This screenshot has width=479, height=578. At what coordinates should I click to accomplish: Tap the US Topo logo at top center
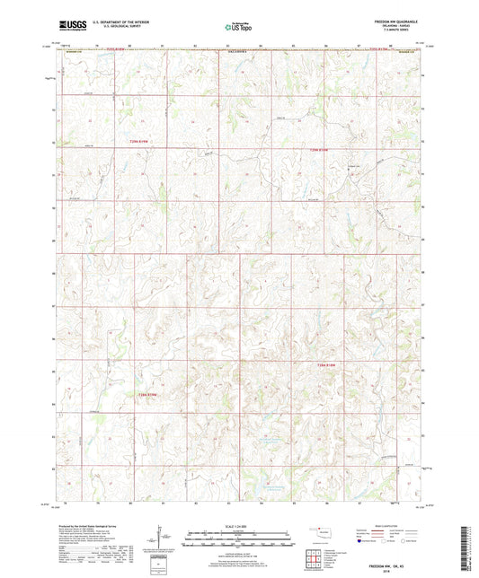point(238,28)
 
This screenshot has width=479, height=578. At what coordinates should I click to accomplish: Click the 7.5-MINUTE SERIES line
point(407,31)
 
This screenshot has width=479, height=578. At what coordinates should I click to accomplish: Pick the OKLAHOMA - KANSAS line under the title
point(407,27)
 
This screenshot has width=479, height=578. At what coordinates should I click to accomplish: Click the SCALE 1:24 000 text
point(238,524)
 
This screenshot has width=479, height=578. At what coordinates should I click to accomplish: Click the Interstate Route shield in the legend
point(362,542)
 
